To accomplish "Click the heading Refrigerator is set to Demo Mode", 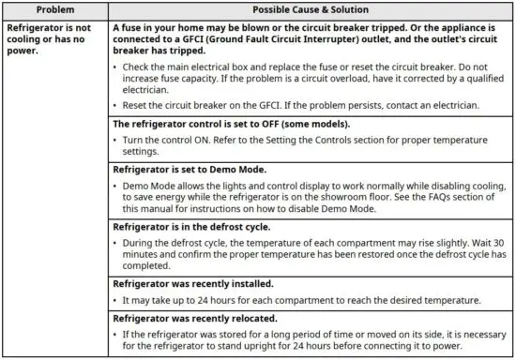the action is [x=190, y=170].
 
